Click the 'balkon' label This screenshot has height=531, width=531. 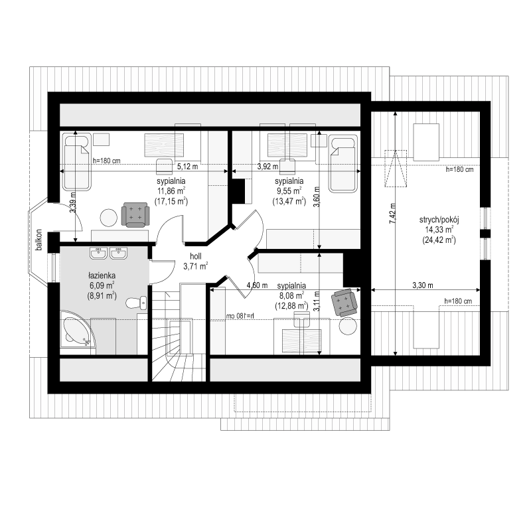pos(39,240)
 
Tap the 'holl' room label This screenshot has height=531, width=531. pos(196,256)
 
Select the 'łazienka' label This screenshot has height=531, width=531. pos(102,275)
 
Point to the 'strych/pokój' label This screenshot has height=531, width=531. pos(439,220)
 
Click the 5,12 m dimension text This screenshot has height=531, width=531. pos(188,167)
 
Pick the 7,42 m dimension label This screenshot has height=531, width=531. pos(392,213)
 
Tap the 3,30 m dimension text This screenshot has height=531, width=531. pos(423,285)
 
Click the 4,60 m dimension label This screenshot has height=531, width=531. pos(257,285)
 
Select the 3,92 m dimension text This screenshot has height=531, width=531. pos(268,167)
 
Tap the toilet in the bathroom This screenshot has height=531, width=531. pos(136,303)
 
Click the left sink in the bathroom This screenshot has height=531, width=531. pos(98,253)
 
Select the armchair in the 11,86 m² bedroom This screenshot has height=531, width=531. pos(135,214)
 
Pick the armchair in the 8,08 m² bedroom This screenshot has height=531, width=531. pos(344,302)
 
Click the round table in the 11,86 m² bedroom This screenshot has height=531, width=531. pos(109,218)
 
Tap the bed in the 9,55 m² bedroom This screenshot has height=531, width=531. pos(343,164)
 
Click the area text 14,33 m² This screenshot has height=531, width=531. pos(439,230)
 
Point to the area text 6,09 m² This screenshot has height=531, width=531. pos(102,285)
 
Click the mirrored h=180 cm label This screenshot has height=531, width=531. pos(241,316)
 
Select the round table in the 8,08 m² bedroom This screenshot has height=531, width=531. pos(348,326)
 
